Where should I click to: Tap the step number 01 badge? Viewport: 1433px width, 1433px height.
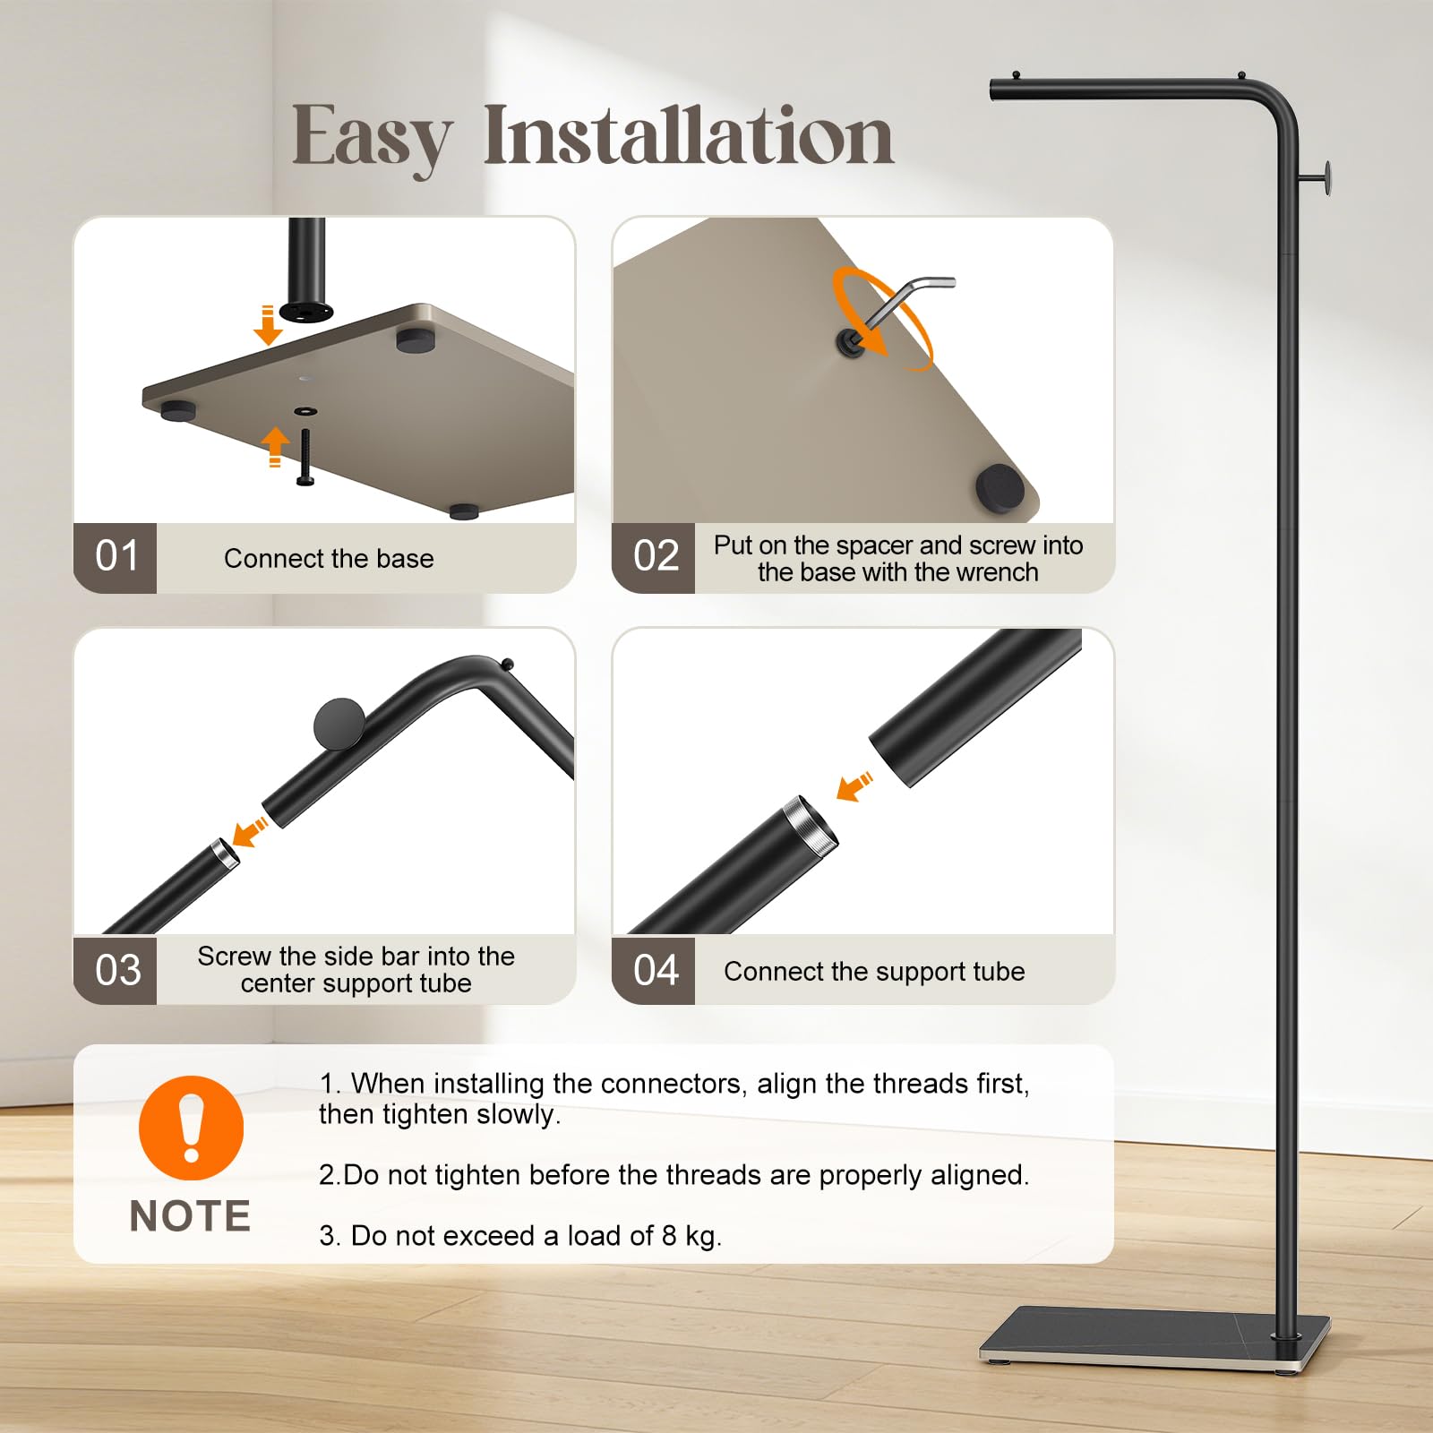pyautogui.click(x=116, y=557)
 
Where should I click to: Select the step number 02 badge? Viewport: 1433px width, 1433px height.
pyautogui.click(x=655, y=557)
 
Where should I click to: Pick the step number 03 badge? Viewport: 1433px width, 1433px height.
pyautogui.click(x=116, y=970)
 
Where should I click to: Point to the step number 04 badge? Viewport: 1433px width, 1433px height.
pyautogui.click(x=655, y=970)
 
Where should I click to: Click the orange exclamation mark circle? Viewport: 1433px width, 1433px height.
pyautogui.click(x=191, y=1128)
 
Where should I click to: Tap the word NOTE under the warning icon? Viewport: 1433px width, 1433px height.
pyautogui.click(x=190, y=1216)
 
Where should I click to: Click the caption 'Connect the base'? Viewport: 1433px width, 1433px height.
pyautogui.click(x=329, y=558)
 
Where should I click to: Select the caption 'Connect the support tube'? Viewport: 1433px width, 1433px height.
pyautogui.click(x=874, y=972)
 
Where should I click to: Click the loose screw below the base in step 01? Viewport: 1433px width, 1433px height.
pyautogui.click(x=305, y=458)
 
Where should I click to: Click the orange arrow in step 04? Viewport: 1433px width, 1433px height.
pyautogui.click(x=854, y=785)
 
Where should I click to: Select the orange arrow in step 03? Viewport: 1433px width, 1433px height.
pyautogui.click(x=250, y=831)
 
